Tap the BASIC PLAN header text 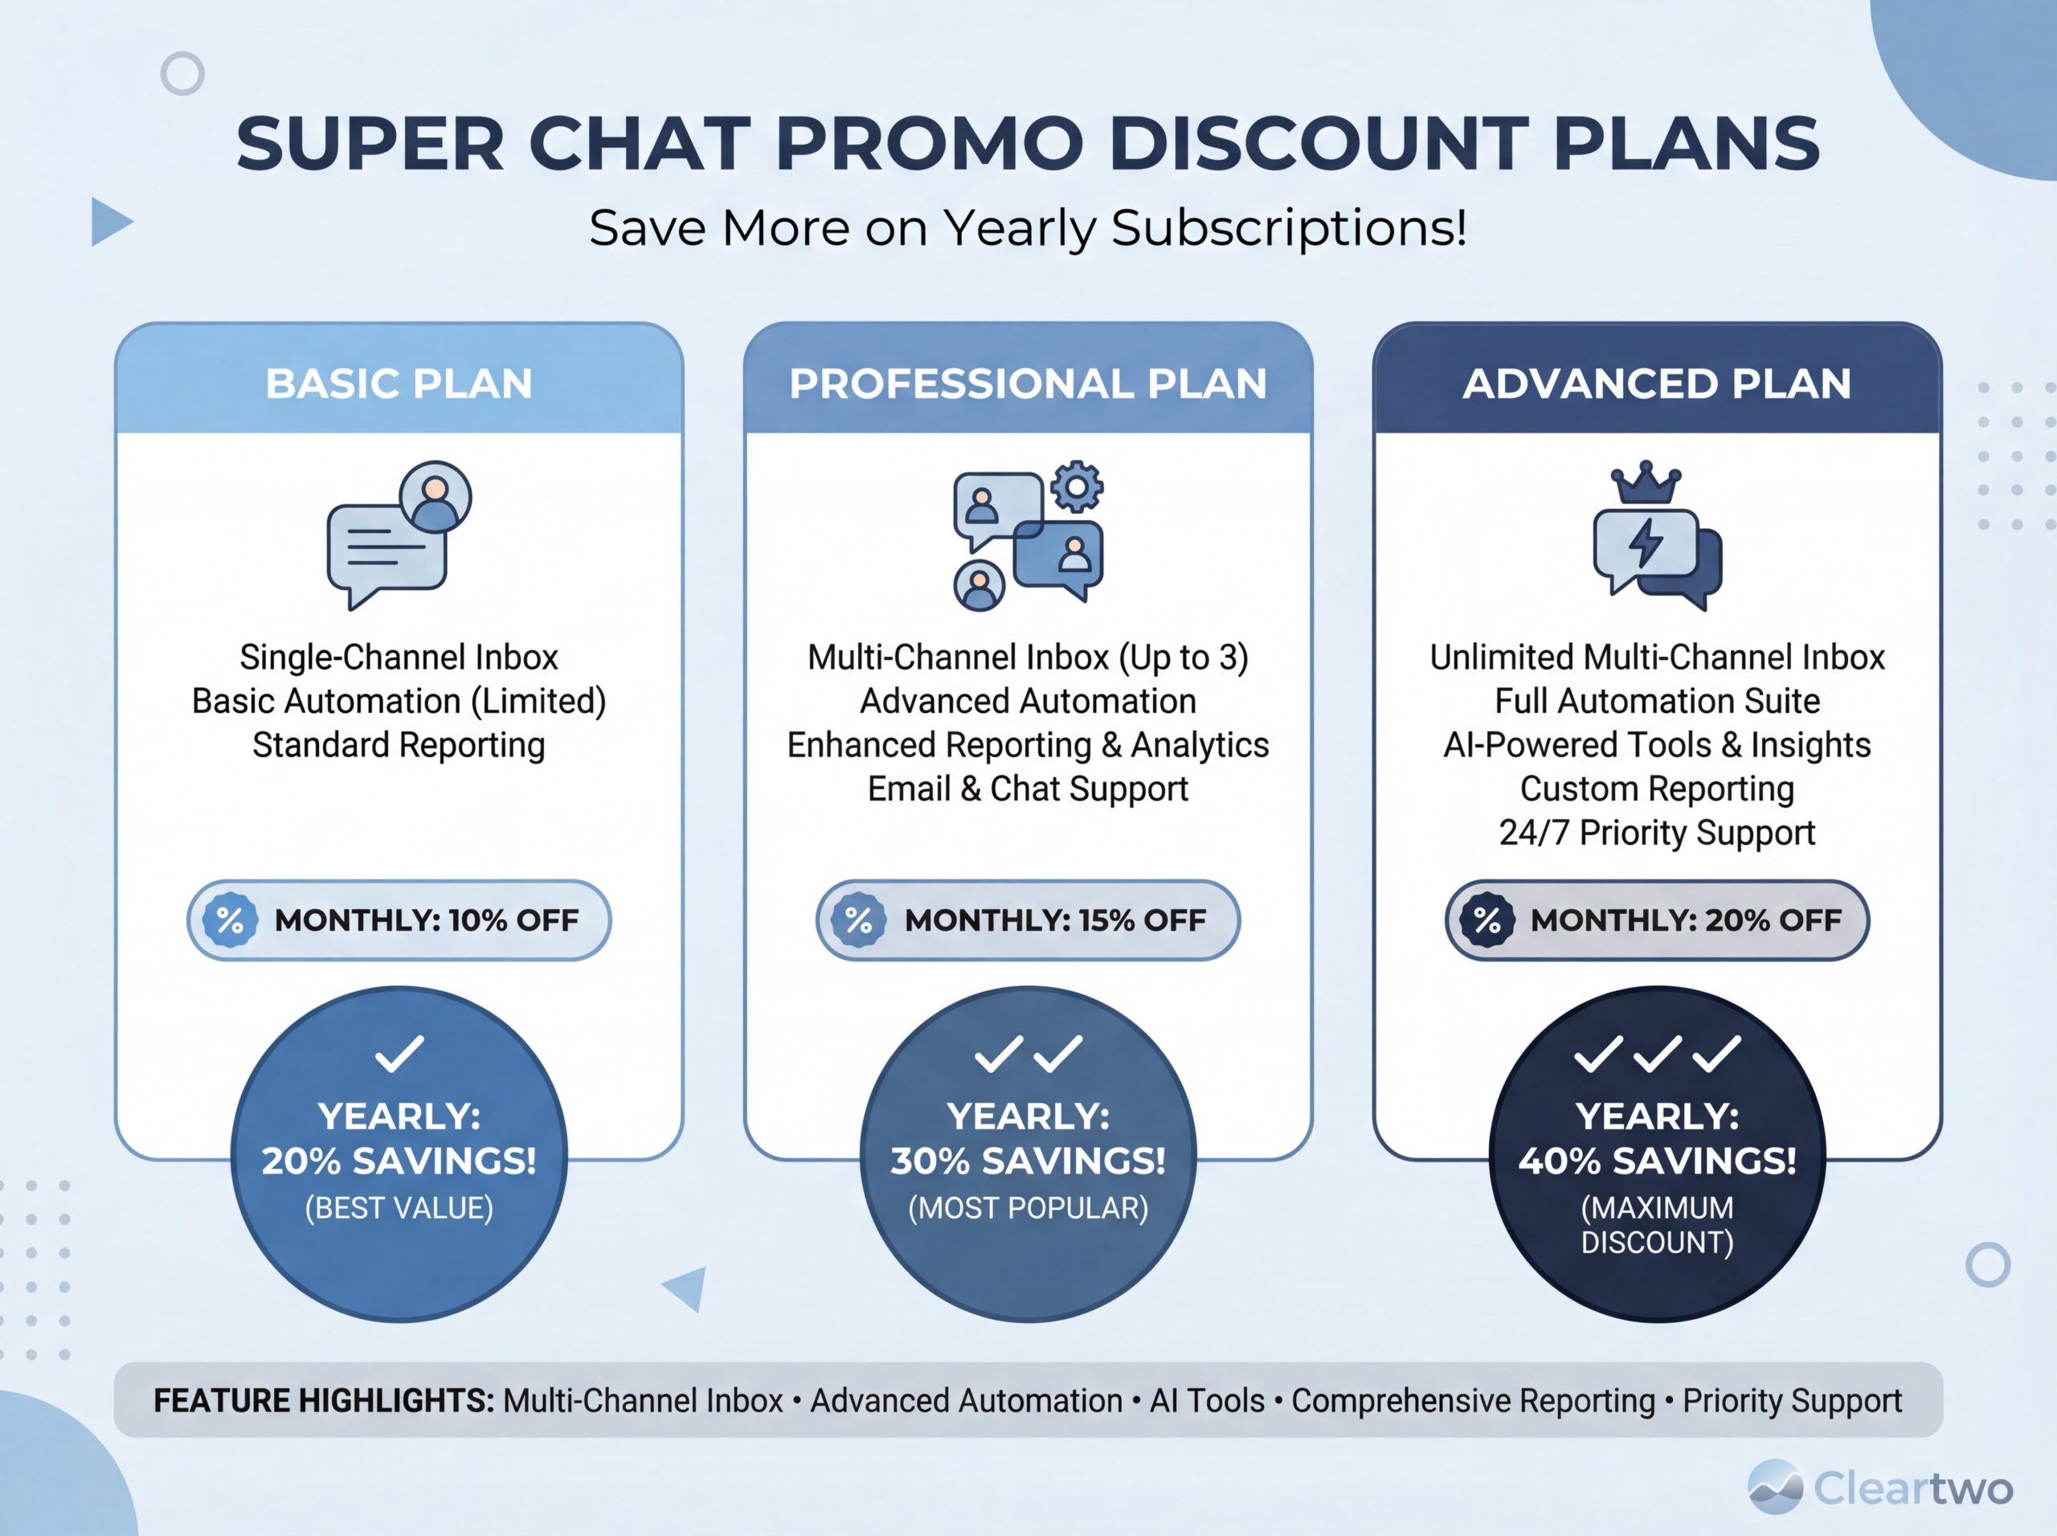click(x=399, y=383)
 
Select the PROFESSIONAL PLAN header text click(x=1028, y=383)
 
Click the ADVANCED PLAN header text click(x=1658, y=383)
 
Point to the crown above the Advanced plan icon click(x=1646, y=481)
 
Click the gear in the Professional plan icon click(x=1077, y=486)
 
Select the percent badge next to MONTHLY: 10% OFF click(x=230, y=920)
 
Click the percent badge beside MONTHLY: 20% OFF click(x=1487, y=920)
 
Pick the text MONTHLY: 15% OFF click(x=1055, y=920)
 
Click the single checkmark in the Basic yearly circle click(x=399, y=1054)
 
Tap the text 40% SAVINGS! click(x=1658, y=1161)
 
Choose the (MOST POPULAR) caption click(x=1028, y=1208)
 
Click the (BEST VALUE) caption click(x=399, y=1208)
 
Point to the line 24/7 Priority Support click(x=1658, y=832)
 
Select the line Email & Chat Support click(x=1028, y=788)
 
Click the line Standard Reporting click(x=399, y=745)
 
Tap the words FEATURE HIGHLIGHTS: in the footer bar click(x=324, y=1400)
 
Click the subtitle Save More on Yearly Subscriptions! click(x=1028, y=227)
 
